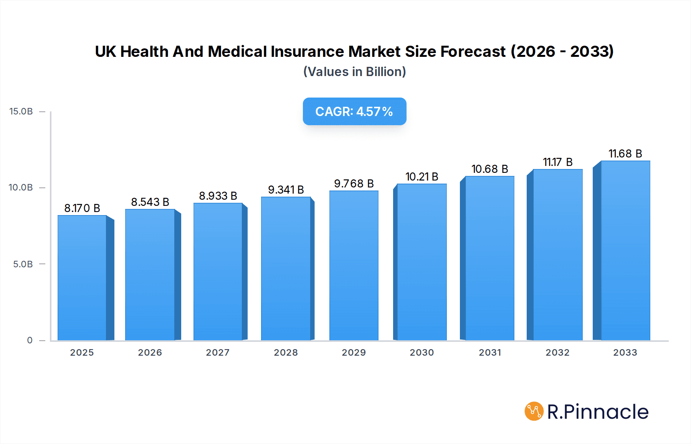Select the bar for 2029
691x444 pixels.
tap(354, 265)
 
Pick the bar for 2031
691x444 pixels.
tap(489, 258)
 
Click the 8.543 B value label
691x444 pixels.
tap(150, 202)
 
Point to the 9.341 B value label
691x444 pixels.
tap(286, 190)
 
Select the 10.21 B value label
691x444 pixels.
tap(422, 177)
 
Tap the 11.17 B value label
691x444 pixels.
tap(557, 162)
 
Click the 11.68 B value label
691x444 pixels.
tap(625, 154)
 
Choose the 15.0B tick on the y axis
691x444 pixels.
tap(21, 111)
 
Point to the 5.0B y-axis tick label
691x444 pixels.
tap(23, 264)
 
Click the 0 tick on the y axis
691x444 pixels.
tap(30, 340)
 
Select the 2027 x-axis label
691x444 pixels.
tap(218, 353)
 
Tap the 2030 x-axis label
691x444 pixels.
tap(422, 353)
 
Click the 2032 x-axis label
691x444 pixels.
tap(557, 353)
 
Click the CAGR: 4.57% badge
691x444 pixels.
tap(354, 111)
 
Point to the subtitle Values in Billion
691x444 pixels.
tap(354, 72)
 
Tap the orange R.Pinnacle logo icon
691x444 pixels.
tap(534, 411)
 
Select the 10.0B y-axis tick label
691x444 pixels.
tap(21, 187)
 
